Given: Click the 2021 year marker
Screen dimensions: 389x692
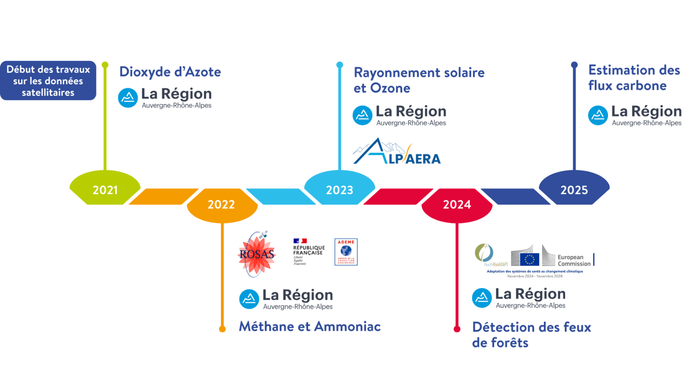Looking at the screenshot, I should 105,189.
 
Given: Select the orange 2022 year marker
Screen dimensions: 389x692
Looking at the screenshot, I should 221,204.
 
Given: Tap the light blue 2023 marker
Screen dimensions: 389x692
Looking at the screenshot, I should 340,189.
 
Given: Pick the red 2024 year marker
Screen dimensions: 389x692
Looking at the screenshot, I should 457,204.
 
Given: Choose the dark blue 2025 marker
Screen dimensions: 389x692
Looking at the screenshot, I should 574,189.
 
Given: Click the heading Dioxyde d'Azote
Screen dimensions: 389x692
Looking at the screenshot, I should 170,72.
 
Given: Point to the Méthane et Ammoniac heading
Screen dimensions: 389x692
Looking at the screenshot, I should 310,326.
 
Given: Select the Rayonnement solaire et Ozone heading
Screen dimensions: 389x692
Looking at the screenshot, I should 419,80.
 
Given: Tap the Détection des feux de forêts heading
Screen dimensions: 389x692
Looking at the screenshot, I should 531,335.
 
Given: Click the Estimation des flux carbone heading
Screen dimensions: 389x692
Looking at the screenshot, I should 634,78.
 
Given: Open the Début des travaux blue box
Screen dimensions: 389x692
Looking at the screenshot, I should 48,81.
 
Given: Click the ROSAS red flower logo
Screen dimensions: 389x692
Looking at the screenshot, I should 257,254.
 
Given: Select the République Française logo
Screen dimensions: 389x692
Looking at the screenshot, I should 309,252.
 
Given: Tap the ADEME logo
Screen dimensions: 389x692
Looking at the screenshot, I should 346,252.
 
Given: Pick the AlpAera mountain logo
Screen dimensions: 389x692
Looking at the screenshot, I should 397,152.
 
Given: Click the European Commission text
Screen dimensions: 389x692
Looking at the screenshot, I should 573,260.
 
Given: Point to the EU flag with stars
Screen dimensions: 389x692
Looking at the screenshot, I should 530,259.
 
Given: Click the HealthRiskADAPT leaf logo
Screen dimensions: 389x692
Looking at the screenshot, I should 484,253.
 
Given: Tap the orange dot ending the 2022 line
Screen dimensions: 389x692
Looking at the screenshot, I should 222,329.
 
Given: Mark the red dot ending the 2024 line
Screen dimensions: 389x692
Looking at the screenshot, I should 457,329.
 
